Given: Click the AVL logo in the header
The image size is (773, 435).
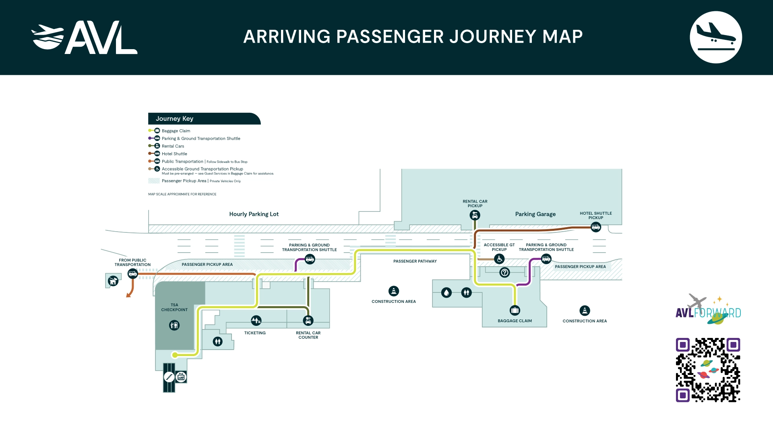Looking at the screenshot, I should click(85, 37).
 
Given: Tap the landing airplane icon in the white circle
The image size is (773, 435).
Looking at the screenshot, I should click(715, 37).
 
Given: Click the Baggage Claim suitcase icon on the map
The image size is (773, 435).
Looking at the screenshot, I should click(515, 310).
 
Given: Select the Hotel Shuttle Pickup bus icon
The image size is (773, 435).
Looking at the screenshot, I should click(595, 228).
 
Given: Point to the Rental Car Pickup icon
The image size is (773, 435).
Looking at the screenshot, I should click(475, 215).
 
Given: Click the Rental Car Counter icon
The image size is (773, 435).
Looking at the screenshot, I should click(308, 321).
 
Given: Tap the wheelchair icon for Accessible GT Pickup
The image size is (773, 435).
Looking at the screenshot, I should click(499, 259).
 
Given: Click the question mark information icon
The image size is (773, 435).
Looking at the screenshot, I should click(504, 273).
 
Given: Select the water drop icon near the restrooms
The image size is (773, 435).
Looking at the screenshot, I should click(446, 293).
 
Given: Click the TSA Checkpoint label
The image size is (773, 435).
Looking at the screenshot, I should click(174, 307).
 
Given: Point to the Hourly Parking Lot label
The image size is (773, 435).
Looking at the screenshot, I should click(254, 214).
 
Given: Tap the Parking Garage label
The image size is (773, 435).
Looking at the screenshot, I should click(535, 214).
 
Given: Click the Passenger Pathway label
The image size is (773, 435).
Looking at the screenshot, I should click(415, 261).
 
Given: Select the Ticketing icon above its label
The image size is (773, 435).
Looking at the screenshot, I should click(256, 321).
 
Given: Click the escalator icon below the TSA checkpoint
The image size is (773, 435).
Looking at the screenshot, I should click(169, 377).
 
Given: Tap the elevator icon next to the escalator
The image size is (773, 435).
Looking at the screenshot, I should click(181, 377).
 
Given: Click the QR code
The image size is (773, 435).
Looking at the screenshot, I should click(708, 370).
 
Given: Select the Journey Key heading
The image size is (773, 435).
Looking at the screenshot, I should click(174, 119).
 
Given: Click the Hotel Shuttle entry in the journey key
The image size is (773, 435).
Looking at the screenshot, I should click(174, 154).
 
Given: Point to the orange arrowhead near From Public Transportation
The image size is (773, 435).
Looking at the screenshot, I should click(128, 296).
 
